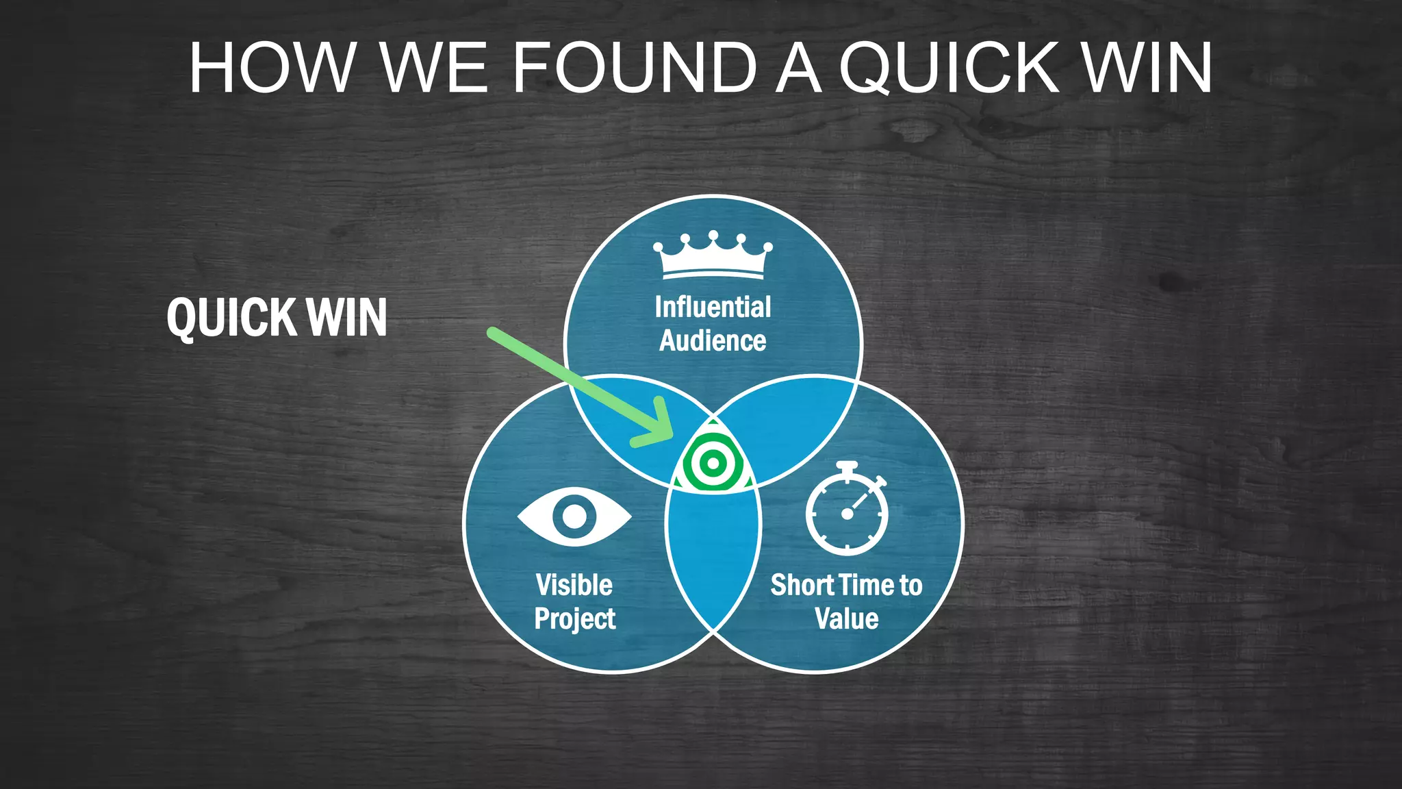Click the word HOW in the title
tap(272, 68)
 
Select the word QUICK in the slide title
tap(949, 68)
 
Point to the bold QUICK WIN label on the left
tap(277, 318)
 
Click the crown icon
tap(713, 255)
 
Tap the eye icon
tap(574, 516)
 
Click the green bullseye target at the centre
tap(713, 464)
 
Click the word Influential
tap(713, 307)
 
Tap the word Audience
tap(713, 341)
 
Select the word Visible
tap(574, 585)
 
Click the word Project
tap(574, 618)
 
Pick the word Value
tap(847, 618)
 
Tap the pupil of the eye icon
tap(574, 516)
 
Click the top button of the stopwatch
tap(847, 466)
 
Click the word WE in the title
tap(434, 68)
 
